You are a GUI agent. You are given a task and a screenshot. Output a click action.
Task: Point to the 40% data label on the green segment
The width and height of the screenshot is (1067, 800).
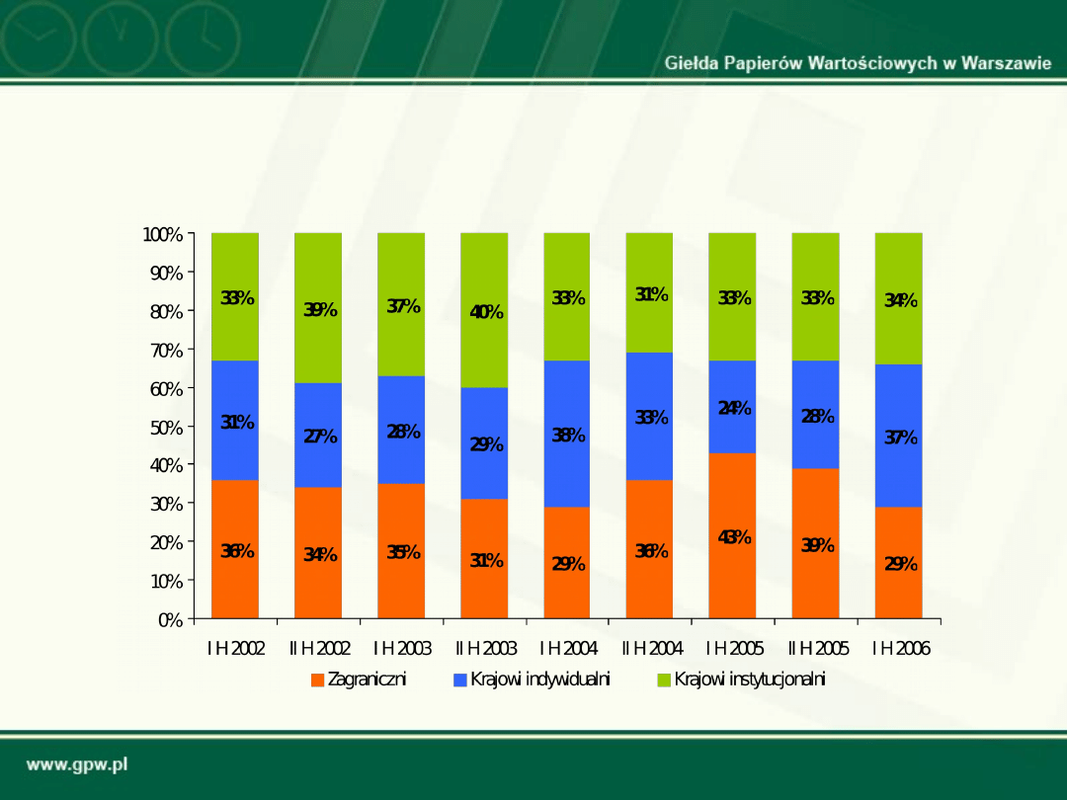tap(486, 313)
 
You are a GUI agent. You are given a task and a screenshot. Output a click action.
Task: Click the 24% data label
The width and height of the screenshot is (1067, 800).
tap(734, 408)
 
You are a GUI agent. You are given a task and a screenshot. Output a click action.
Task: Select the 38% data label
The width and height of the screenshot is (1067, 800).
tap(568, 436)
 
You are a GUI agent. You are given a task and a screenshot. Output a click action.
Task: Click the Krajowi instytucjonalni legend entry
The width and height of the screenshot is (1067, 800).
tap(741, 680)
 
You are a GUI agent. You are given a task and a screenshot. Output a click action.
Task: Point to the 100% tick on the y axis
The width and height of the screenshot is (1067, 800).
tap(163, 235)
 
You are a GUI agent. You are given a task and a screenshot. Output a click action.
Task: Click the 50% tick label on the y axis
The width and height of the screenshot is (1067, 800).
tap(167, 428)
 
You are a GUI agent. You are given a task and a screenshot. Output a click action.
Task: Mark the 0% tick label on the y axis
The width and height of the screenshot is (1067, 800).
tap(171, 620)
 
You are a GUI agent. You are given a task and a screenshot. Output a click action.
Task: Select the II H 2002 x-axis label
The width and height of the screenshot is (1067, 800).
tap(319, 649)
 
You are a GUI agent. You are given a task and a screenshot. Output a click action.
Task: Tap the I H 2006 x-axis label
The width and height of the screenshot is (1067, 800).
tap(900, 649)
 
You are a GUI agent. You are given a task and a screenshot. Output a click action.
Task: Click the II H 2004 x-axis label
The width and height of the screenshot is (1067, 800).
tap(651, 649)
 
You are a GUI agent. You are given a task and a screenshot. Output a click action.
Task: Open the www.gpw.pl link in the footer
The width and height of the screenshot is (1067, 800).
tap(77, 765)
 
